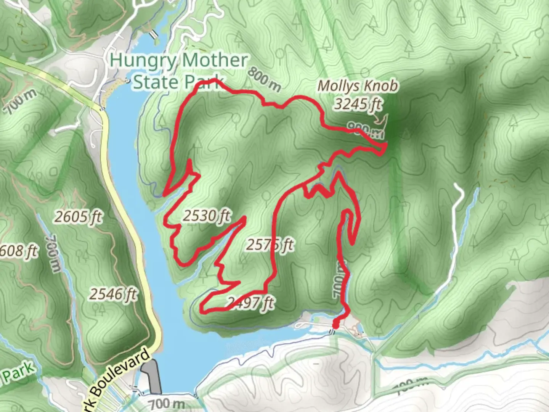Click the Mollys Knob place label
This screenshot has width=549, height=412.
pos(358,86)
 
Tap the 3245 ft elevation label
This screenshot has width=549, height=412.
pos(358,103)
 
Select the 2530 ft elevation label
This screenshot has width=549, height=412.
pos(207,216)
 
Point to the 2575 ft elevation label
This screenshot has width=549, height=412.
pos(270,245)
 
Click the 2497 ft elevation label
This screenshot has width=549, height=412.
pos(250,303)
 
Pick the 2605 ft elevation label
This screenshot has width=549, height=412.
pos(79,217)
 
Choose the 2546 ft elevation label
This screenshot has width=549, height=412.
pos(114,294)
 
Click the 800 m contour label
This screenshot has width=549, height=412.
pos(264,80)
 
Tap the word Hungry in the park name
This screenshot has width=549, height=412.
pos(143,60)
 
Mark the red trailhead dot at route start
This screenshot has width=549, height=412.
pos(336,324)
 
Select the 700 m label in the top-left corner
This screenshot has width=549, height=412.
pos(21,101)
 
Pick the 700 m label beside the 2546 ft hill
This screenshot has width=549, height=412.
pos(53,254)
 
